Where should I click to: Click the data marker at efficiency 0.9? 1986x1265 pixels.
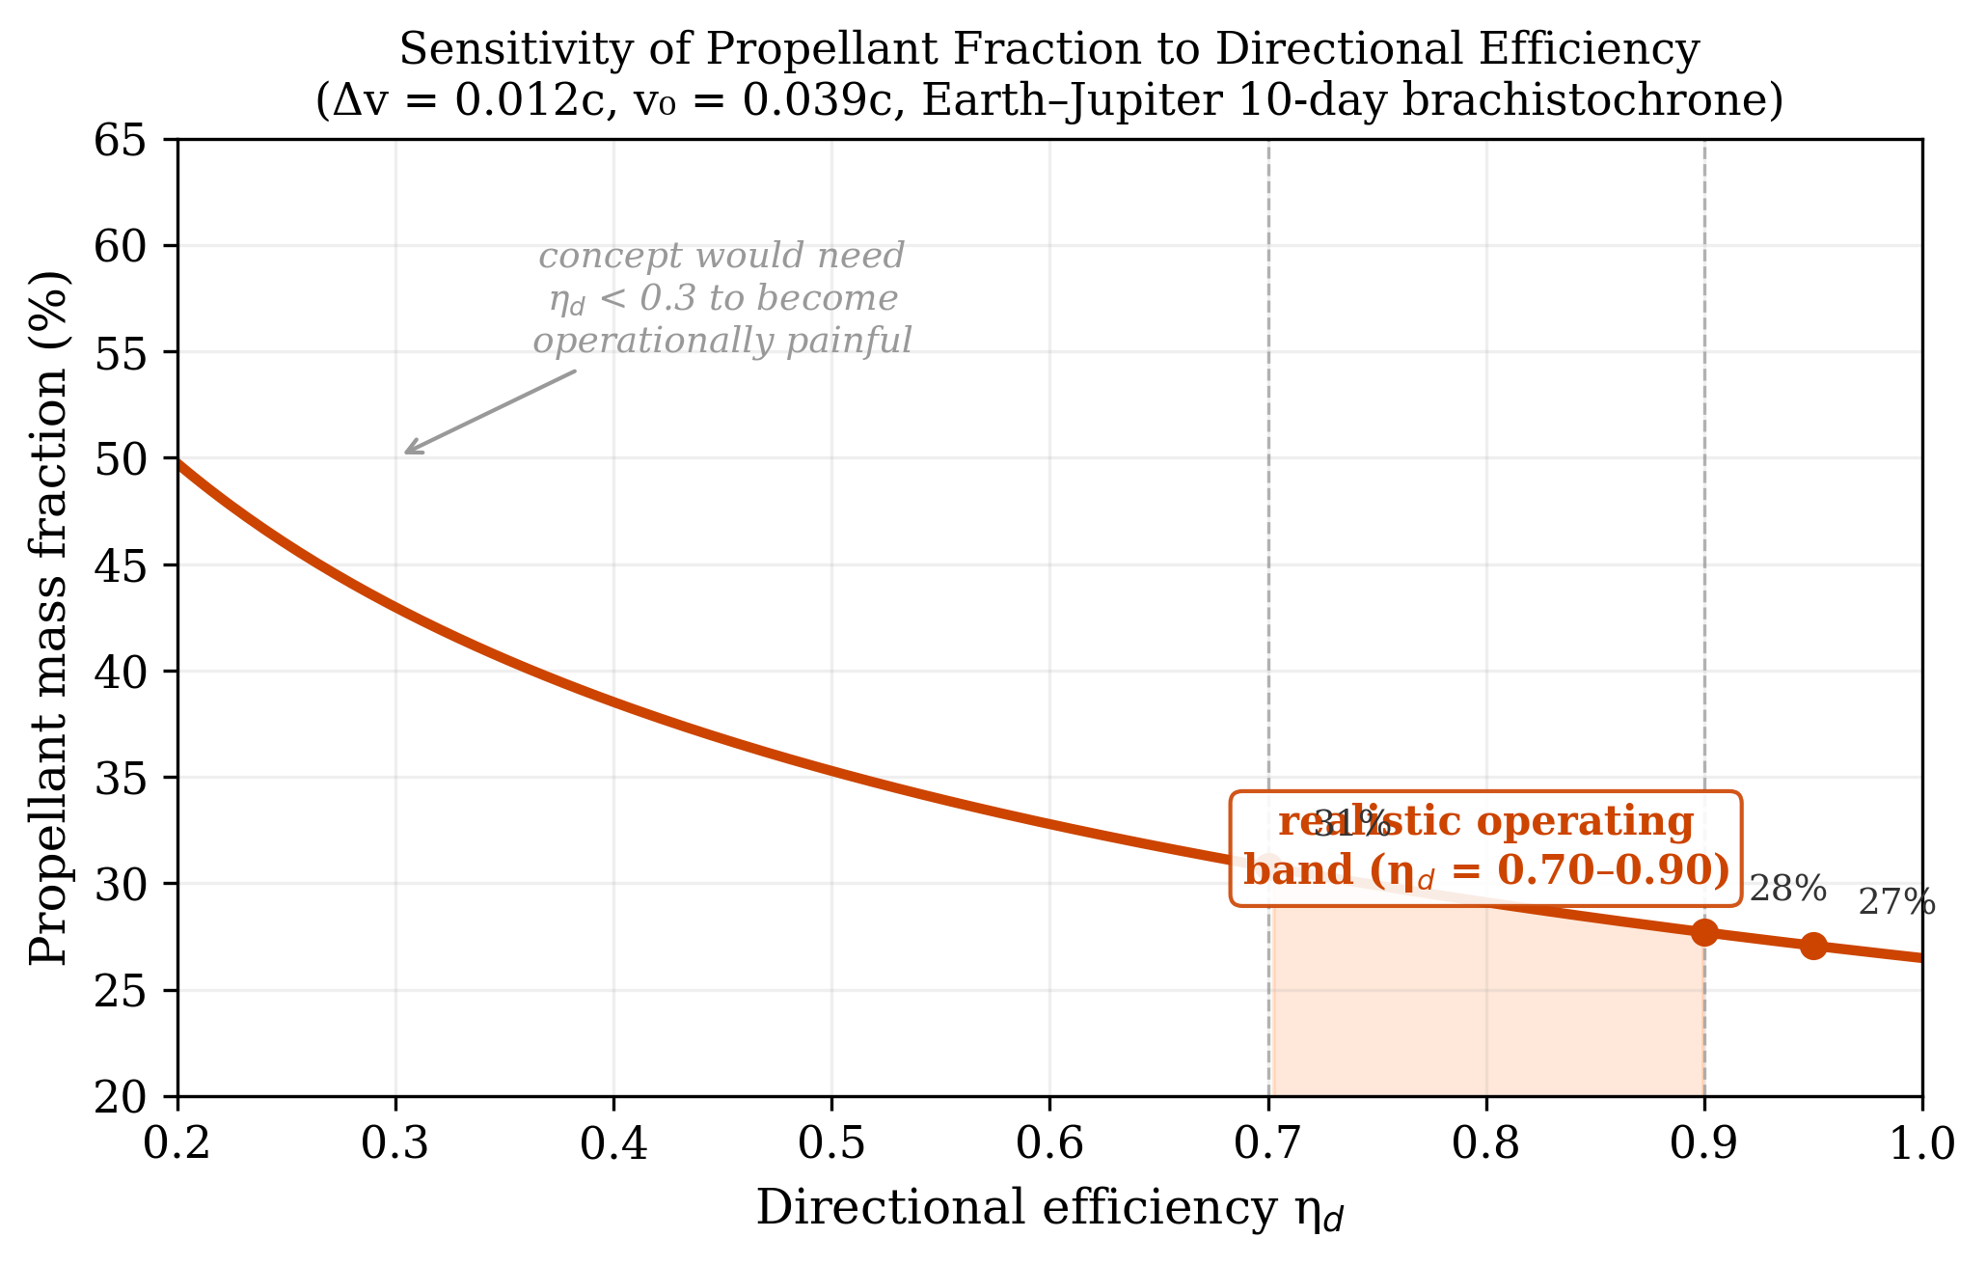pos(1704,932)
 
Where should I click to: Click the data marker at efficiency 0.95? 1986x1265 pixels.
pos(1813,946)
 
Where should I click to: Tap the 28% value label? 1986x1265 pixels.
pos(1787,888)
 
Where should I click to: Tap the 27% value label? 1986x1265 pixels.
pos(1896,903)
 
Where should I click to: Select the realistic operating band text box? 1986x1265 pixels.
pos(1485,848)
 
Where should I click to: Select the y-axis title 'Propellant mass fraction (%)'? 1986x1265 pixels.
pos(50,618)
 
